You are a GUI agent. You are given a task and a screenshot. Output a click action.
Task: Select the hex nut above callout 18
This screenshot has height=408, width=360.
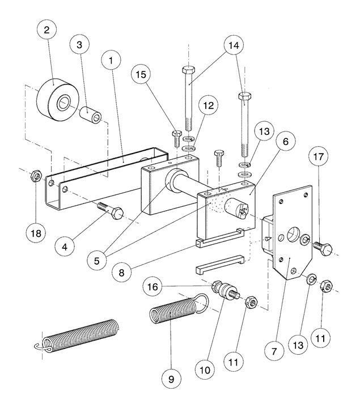coord(34,177)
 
